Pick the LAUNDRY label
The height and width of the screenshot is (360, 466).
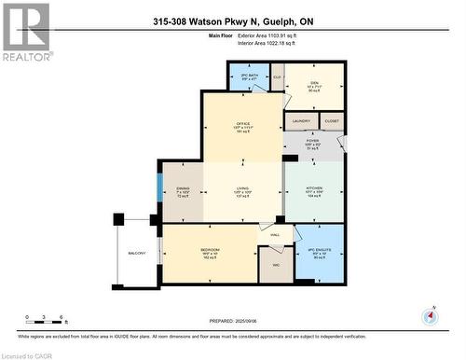pos(300,121)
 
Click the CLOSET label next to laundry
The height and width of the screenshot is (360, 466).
pos(332,121)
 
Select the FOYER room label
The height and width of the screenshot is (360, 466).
pos(313,142)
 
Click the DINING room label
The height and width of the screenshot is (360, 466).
pos(184,190)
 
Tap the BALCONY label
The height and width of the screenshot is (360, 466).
pos(138,254)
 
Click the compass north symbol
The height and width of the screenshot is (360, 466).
pos(428,315)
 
